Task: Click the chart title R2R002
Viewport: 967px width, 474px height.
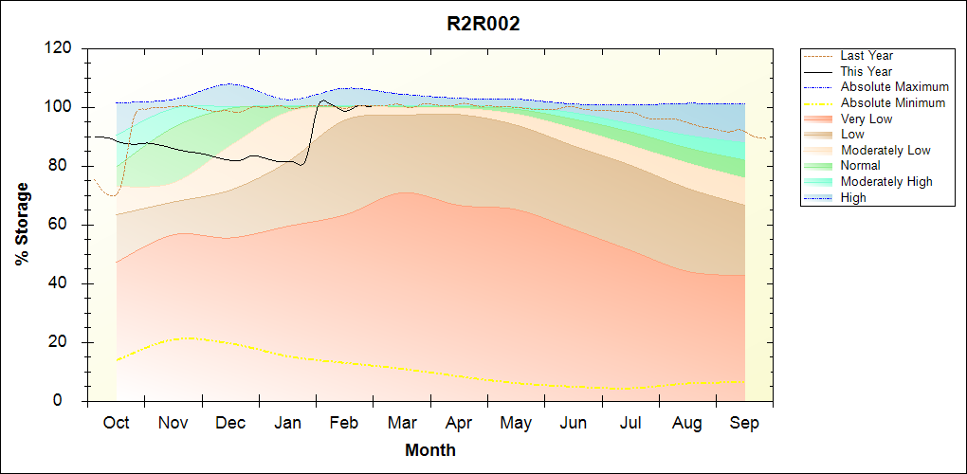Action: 483,25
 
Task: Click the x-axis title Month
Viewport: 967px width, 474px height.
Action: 429,450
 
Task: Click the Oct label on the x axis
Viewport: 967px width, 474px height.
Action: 116,423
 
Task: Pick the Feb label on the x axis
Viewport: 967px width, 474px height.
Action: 344,423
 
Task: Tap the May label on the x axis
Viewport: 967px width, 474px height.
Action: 516,423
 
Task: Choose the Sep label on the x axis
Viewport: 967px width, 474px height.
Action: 744,423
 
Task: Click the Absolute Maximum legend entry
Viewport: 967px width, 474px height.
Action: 894,87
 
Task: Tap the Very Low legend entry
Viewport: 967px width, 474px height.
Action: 867,118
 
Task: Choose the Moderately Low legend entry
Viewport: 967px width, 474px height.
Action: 885,150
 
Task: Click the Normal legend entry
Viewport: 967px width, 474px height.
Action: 860,166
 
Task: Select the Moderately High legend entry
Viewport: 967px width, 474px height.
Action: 886,182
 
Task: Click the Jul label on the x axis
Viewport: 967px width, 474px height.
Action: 630,423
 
